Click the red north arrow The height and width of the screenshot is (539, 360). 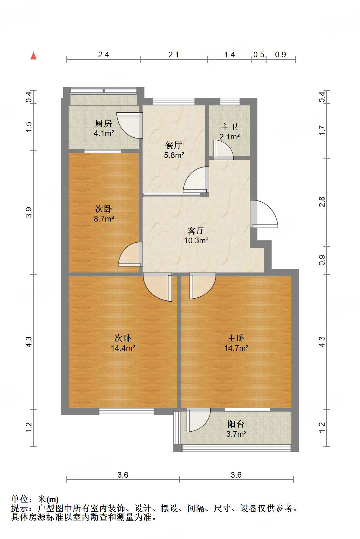33,56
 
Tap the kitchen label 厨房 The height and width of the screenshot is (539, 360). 104,123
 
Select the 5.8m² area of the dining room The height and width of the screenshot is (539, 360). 174,155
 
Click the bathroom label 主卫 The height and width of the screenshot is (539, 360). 229,127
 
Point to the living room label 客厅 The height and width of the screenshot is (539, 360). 196,231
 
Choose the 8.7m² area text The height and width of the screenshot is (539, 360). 104,219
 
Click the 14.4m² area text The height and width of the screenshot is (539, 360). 123,348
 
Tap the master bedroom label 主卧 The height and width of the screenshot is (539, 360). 236,338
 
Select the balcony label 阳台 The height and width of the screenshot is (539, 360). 236,424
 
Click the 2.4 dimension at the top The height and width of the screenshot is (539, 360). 104,55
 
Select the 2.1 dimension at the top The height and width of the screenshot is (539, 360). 173,55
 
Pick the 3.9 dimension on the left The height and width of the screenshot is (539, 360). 29,212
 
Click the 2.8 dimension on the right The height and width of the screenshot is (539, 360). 322,202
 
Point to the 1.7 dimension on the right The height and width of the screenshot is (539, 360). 322,130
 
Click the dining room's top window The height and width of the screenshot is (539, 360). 173,101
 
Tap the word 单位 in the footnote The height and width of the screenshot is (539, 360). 20,499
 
